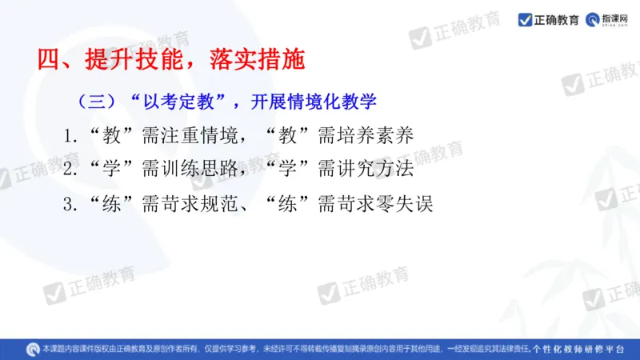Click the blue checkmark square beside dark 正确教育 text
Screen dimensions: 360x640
tap(526, 20)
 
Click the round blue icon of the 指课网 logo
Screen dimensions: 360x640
tap(593, 20)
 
